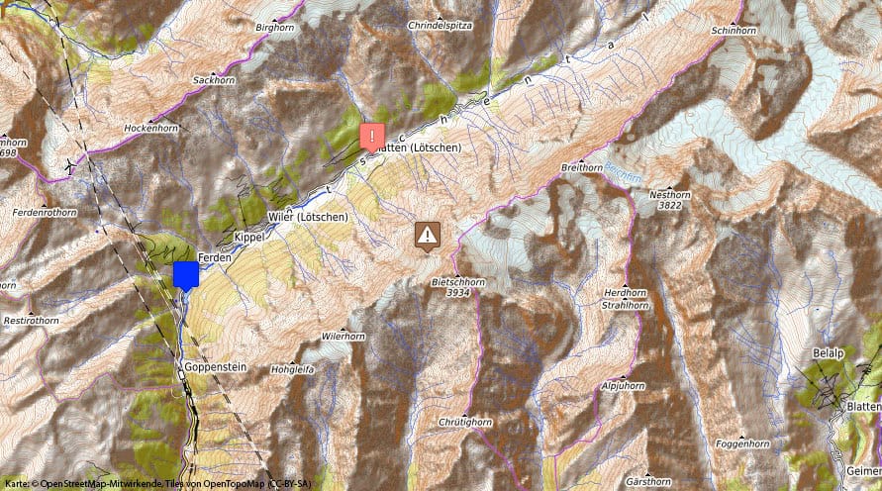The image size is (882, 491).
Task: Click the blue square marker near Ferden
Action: click(x=185, y=274)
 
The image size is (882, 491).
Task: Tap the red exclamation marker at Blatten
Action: click(x=371, y=136)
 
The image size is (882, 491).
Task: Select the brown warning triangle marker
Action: click(x=427, y=235)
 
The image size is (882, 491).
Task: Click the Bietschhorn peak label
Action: click(x=458, y=282)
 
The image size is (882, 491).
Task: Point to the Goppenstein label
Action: click(x=214, y=366)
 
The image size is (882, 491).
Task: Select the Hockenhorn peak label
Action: click(x=150, y=129)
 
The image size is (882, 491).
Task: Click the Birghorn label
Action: click(x=276, y=28)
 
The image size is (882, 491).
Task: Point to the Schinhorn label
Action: click(x=734, y=31)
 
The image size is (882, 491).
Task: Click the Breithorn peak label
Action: click(x=581, y=168)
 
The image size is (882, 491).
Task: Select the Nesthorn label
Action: click(x=668, y=195)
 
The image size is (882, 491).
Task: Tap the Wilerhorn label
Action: click(x=343, y=337)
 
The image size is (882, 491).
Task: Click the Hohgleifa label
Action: click(x=292, y=369)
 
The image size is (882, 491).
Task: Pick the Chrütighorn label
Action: click(x=464, y=422)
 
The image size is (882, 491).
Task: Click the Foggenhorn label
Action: click(x=741, y=443)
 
